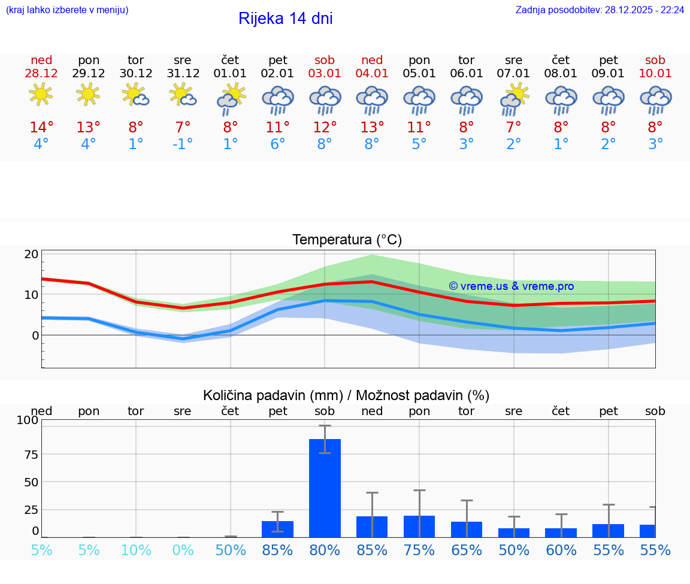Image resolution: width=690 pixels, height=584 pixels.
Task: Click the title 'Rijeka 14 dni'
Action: (285, 19)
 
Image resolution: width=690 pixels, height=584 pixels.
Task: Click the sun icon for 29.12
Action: (88, 94)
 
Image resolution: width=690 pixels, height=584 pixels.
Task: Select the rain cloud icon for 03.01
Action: (325, 99)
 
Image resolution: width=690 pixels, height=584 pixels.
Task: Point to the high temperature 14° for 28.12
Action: (41, 128)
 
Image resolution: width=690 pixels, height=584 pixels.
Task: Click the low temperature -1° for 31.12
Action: (183, 144)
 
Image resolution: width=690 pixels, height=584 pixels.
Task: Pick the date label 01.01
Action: (230, 74)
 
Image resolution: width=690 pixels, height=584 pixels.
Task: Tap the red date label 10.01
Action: (655, 74)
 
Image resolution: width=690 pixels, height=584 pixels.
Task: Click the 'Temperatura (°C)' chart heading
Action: (347, 240)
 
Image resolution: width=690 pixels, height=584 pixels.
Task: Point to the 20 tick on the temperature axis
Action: (32, 254)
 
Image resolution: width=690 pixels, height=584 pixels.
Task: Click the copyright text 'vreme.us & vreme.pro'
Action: (511, 286)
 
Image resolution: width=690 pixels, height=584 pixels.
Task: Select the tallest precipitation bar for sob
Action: (325, 488)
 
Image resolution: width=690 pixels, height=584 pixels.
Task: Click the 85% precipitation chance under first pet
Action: (277, 550)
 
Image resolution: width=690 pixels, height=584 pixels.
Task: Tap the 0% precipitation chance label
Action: (183, 550)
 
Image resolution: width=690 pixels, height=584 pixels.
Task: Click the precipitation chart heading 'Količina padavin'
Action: (346, 395)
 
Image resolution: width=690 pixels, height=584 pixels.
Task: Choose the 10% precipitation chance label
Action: (136, 550)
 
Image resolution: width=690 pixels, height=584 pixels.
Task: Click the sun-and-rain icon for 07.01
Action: (514, 99)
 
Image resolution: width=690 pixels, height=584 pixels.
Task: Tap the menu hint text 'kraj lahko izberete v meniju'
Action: (67, 10)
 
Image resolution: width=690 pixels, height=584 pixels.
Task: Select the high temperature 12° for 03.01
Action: (325, 128)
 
